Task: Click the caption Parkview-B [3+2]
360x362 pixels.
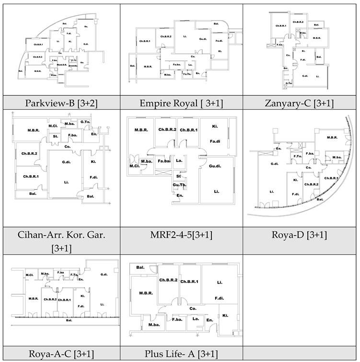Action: pos(61,103)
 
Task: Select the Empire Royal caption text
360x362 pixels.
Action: pos(181,103)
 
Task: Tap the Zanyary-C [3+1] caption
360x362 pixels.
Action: pos(301,103)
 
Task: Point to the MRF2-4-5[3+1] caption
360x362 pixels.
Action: pos(181,234)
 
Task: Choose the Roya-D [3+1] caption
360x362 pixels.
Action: pos(301,234)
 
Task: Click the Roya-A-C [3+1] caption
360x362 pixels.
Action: pos(61,354)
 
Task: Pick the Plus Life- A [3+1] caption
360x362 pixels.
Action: pos(181,354)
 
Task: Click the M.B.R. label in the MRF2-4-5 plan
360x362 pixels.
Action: pos(140,130)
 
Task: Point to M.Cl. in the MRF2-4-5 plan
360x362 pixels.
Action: pos(134,166)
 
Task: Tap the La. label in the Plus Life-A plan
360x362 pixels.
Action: pos(195,318)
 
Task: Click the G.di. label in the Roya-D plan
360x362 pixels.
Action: pos(275,164)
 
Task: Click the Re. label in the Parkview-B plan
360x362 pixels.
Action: pos(86,26)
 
